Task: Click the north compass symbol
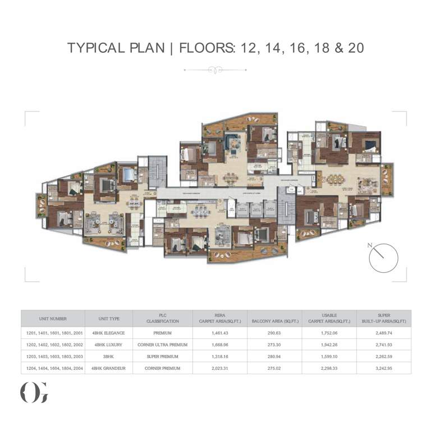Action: pyautogui.click(x=383, y=258)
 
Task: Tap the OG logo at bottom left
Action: pyautogui.click(x=34, y=392)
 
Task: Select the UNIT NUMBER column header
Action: pyautogui.click(x=53, y=318)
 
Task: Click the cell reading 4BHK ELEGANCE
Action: pyautogui.click(x=109, y=333)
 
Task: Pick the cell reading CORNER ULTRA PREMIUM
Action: pyautogui.click(x=162, y=344)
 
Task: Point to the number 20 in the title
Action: pyautogui.click(x=355, y=48)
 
